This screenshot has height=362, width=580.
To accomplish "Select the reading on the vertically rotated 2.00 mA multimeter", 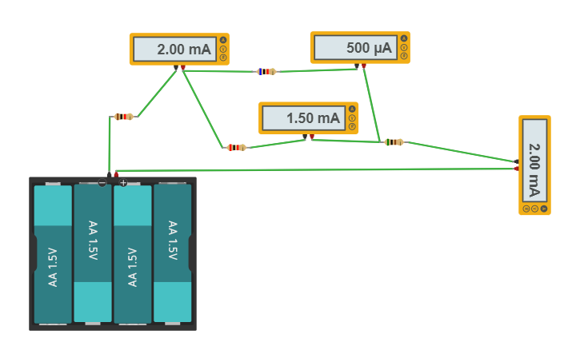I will pyautogui.click(x=534, y=160).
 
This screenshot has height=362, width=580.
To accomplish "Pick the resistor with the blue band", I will pyautogui.click(x=266, y=71).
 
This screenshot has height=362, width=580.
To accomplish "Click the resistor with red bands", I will pyautogui.click(x=235, y=147).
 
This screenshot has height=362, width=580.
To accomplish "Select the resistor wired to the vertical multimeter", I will pyautogui.click(x=394, y=142).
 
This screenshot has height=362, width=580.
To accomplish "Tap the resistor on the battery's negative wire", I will pyautogui.click(x=122, y=117).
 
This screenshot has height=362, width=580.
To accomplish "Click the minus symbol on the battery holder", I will pyautogui.click(x=102, y=183).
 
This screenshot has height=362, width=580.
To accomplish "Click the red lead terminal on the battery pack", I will pyautogui.click(x=117, y=174).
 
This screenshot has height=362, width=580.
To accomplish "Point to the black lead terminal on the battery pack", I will pyautogui.click(x=109, y=174).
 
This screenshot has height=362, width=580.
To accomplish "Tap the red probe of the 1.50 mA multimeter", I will pyautogui.click(x=311, y=135).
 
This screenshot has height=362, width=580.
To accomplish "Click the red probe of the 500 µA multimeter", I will pyautogui.click(x=364, y=66).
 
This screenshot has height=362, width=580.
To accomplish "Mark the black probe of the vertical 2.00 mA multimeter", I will pyautogui.click(x=517, y=161).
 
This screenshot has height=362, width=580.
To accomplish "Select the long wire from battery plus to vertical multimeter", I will pyautogui.click(x=320, y=169).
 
